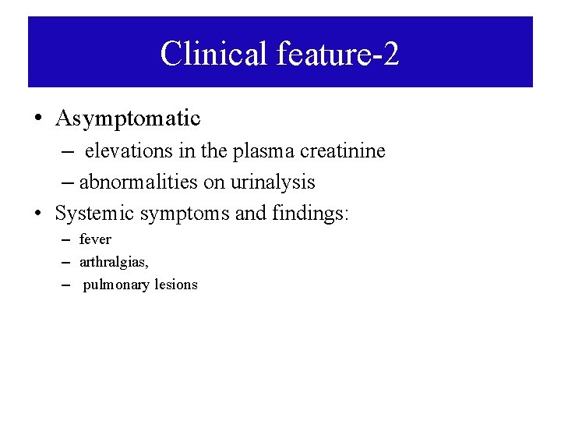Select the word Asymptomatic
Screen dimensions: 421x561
coord(128,119)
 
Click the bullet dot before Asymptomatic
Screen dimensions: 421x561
coord(37,119)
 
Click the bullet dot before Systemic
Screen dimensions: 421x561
coord(37,212)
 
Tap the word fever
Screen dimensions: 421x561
coord(95,239)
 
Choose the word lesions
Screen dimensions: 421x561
coord(175,285)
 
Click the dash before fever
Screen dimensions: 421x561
coord(65,239)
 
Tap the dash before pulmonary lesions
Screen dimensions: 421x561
coord(65,285)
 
